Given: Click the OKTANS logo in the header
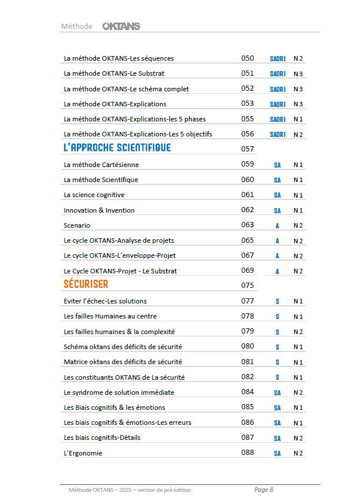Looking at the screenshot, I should [121, 26].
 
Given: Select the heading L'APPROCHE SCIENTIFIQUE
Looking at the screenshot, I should [117, 148].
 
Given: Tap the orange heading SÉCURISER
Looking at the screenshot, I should [86, 284].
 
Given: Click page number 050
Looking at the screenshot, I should [247, 58].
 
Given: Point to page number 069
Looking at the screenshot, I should [247, 271].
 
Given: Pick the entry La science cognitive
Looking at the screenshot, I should [94, 195].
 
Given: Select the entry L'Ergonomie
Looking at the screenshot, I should [83, 453].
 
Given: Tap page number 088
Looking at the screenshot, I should [247, 453].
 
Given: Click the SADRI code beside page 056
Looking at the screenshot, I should [277, 135].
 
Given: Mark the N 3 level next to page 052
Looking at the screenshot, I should [298, 89].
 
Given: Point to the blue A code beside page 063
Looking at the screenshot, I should [277, 226].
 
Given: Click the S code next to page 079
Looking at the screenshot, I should [277, 332].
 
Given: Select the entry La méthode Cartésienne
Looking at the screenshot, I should [101, 165].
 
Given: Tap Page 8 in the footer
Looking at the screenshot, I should [263, 490].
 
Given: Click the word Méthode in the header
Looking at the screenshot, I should [76, 26].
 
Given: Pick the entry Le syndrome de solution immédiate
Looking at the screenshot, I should [111, 392].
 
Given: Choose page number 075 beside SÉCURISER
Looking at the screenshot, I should [247, 285].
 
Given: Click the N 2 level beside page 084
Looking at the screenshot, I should [298, 393].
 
